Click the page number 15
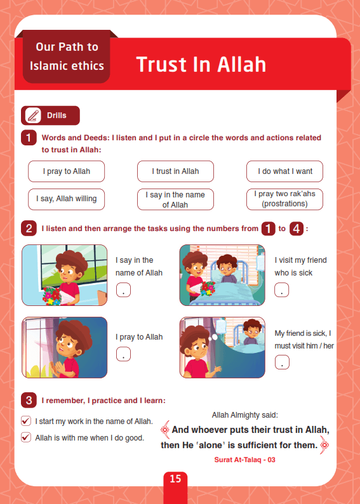point(175,479)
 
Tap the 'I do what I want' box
point(285,171)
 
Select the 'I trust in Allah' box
point(175,171)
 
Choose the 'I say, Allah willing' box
point(66,199)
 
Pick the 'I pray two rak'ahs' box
point(285,199)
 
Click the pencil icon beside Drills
point(33,116)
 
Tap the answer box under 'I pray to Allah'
point(123,354)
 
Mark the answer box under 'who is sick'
point(281,289)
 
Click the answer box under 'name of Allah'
point(123,289)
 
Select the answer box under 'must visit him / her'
point(282,362)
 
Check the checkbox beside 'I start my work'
point(25,421)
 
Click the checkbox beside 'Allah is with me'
point(25,437)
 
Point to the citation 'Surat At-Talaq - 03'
point(244,460)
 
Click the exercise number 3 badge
point(29,401)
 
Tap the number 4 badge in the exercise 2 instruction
point(297,229)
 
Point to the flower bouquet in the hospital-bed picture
point(208,288)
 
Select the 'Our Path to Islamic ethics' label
point(67,56)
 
